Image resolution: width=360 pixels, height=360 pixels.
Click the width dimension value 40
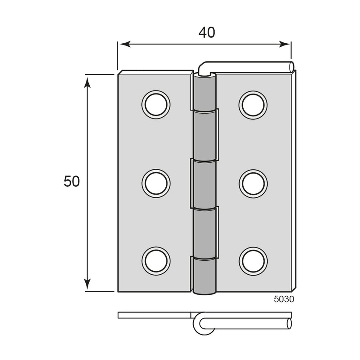tap(206, 32)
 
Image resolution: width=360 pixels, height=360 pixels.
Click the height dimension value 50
tap(72, 182)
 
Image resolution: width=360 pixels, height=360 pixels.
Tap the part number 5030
tap(284, 299)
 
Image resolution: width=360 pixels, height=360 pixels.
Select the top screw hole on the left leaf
tap(156, 105)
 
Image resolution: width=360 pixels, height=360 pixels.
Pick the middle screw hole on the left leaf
tap(156, 183)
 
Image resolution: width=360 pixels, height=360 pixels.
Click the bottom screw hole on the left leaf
tap(156, 261)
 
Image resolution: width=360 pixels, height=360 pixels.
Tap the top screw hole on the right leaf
tap(253, 105)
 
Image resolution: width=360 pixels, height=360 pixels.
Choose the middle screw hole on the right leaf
tap(253, 183)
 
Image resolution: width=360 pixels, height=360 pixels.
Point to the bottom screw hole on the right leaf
tap(253, 261)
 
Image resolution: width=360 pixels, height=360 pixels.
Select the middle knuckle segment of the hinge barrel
tap(204, 184)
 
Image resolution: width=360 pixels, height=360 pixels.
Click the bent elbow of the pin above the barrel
tap(203, 68)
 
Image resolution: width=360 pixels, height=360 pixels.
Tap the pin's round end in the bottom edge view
tap(289, 324)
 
